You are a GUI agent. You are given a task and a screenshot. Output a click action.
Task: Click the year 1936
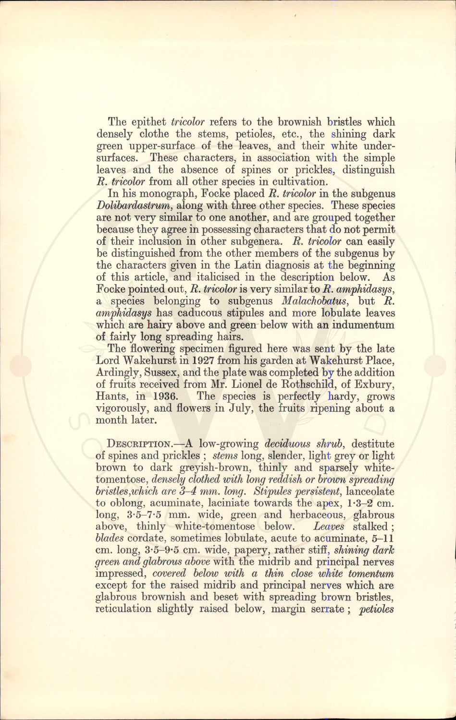point(166,396)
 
